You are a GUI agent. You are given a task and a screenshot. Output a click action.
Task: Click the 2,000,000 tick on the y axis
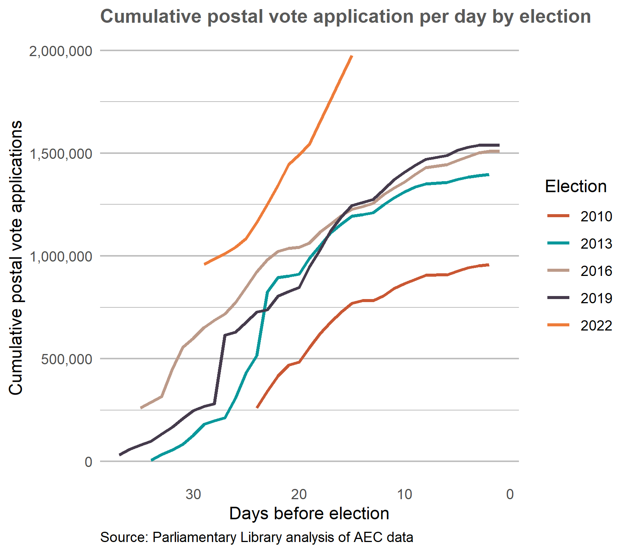61,51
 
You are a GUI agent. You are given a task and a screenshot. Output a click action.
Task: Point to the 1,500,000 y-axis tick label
61,154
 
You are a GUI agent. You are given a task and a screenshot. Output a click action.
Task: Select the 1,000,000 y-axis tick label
61,256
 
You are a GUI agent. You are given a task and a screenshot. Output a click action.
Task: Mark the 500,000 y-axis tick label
67,359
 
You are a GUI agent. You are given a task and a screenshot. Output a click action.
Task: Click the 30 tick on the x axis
193,494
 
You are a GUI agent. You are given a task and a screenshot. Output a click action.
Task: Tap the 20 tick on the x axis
299,494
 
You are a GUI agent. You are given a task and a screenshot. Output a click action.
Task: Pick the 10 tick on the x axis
404,494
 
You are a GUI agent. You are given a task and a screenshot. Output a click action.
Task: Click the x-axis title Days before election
309,514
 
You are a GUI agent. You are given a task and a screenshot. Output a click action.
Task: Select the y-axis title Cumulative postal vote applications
16,258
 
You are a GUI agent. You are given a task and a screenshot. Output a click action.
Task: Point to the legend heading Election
575,186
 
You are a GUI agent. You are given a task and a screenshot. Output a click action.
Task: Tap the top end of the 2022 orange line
352,56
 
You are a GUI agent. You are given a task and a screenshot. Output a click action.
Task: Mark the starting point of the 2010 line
257,408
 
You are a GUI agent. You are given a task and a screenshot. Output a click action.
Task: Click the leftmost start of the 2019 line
120,455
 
